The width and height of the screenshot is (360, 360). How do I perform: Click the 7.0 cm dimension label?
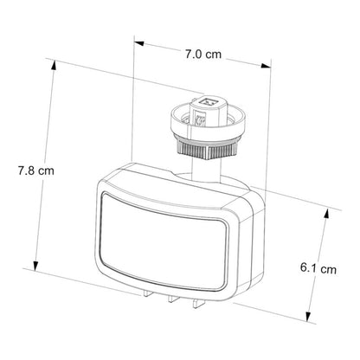click(203, 55)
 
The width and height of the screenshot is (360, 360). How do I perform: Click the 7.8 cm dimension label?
click(36, 170)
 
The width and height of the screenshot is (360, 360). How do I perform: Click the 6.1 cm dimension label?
click(318, 268)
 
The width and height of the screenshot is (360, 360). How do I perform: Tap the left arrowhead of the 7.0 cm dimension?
click(139, 43)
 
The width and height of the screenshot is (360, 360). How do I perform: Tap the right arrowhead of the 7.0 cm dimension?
click(266, 66)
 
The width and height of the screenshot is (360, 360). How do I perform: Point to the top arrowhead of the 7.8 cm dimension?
click(54, 65)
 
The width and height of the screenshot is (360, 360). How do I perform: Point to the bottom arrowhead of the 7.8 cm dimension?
click(35, 266)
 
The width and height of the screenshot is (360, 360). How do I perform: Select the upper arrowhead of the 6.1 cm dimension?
click(326, 214)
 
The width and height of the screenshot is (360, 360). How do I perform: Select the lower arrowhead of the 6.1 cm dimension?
click(309, 315)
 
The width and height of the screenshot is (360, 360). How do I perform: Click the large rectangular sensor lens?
click(163, 241)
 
